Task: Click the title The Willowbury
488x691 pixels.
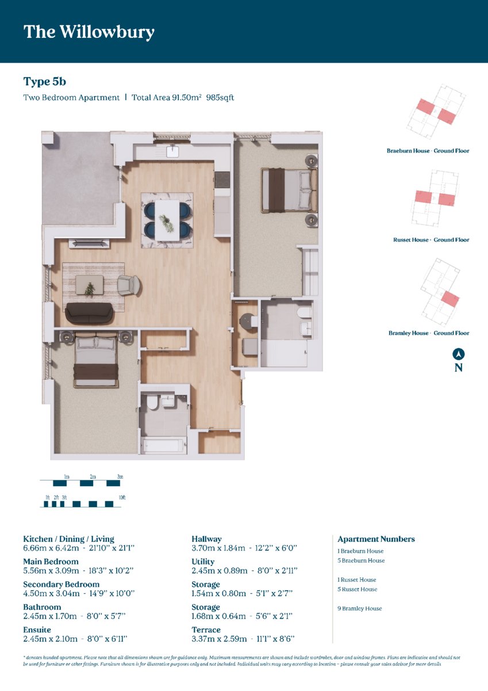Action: pos(89,32)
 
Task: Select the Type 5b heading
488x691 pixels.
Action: pos(45,82)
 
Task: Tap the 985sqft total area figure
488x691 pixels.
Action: pos(220,97)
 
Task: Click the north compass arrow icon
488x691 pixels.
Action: pos(459,354)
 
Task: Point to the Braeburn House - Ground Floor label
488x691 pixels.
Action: pos(428,151)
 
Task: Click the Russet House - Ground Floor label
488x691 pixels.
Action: pos(431,240)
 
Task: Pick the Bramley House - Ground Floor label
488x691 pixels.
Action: pos(429,333)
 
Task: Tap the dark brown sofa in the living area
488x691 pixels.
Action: pos(89,313)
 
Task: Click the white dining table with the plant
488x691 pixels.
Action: pos(167,220)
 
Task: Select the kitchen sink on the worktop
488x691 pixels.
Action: pos(172,152)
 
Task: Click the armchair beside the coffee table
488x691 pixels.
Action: pos(129,285)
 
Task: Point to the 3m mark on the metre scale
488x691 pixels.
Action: pos(120,476)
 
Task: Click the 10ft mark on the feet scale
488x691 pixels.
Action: pos(122,498)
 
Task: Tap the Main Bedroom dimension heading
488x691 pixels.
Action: pos(51,562)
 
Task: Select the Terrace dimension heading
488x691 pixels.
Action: pos(206,629)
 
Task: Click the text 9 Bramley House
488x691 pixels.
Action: pos(359,608)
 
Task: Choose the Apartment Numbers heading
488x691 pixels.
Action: pos(376,539)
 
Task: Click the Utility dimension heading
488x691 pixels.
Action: pos(203,562)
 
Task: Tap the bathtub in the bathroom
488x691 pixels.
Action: pos(163,446)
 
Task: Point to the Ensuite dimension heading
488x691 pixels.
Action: pos(37,629)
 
